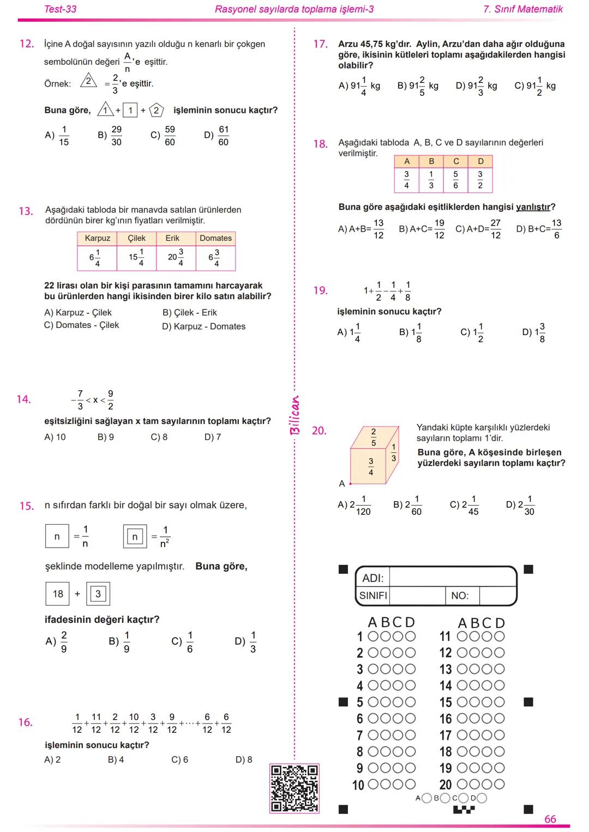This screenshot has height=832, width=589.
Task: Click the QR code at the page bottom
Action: pos(294,788)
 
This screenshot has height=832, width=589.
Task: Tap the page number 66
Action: pos(550,819)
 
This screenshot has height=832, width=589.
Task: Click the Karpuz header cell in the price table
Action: pos(97,238)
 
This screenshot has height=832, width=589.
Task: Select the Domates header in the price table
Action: pos(215,238)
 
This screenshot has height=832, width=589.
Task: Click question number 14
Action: pos(23,399)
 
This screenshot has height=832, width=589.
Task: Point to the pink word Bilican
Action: pos(294,415)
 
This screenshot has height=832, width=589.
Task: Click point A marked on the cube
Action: pos(350,483)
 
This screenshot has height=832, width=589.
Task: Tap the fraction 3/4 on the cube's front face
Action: pos(371,466)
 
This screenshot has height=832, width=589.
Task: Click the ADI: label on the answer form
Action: pos(373,578)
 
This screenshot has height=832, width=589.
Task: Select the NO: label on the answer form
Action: pos(460,596)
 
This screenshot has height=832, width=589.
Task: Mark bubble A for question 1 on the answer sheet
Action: pos(374,636)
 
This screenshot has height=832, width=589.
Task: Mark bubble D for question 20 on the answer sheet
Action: pos(498,785)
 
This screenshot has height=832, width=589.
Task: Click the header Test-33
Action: pos(60,9)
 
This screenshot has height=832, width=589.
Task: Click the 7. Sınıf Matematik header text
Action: pos(523,9)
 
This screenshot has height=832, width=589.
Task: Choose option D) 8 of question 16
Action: pos(244,760)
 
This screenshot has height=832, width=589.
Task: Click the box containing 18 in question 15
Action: pos(58,594)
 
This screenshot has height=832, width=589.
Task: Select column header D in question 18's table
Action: pos(480,161)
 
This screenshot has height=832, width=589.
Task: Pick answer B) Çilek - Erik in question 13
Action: pos(189,313)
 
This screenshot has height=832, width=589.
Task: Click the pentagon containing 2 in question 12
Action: pos(156,110)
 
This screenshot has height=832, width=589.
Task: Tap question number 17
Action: pos(320,44)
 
